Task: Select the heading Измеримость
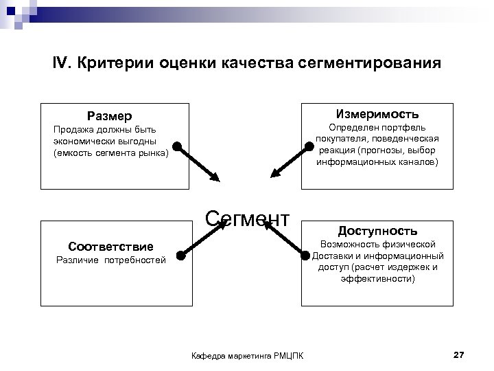tap(377, 113)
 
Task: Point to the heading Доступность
tap(377, 231)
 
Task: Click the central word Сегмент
tap(248, 218)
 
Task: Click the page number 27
tap(459, 355)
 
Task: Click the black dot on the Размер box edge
tap(177, 146)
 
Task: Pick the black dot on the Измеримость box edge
tap(306, 146)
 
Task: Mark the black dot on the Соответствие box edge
tap(180, 256)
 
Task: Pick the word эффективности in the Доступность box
tap(377, 280)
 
